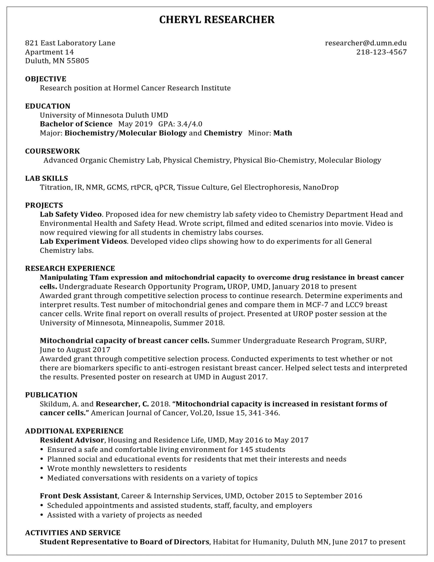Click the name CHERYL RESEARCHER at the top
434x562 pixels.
217,20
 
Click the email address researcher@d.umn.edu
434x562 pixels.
366,43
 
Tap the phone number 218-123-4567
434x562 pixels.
381,52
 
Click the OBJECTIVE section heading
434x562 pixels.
46,79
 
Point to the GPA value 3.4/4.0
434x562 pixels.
189,124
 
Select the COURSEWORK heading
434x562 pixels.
52,151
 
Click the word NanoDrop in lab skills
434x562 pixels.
321,187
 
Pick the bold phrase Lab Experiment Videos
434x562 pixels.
84,241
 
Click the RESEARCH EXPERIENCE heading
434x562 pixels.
70,268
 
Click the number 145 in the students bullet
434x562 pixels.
246,450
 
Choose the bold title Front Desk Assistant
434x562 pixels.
79,496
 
